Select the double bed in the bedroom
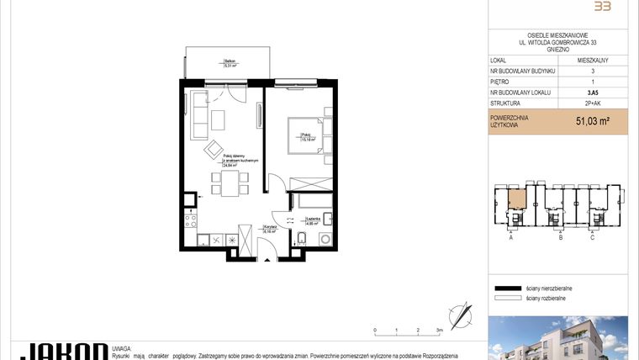pos(304,135)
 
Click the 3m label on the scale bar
pos(439,331)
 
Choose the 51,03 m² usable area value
pos(592,121)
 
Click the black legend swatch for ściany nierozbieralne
pos(509,287)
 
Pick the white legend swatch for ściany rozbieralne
pos(509,298)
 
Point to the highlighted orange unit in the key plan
pos(514,201)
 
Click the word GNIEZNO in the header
pos(557,50)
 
